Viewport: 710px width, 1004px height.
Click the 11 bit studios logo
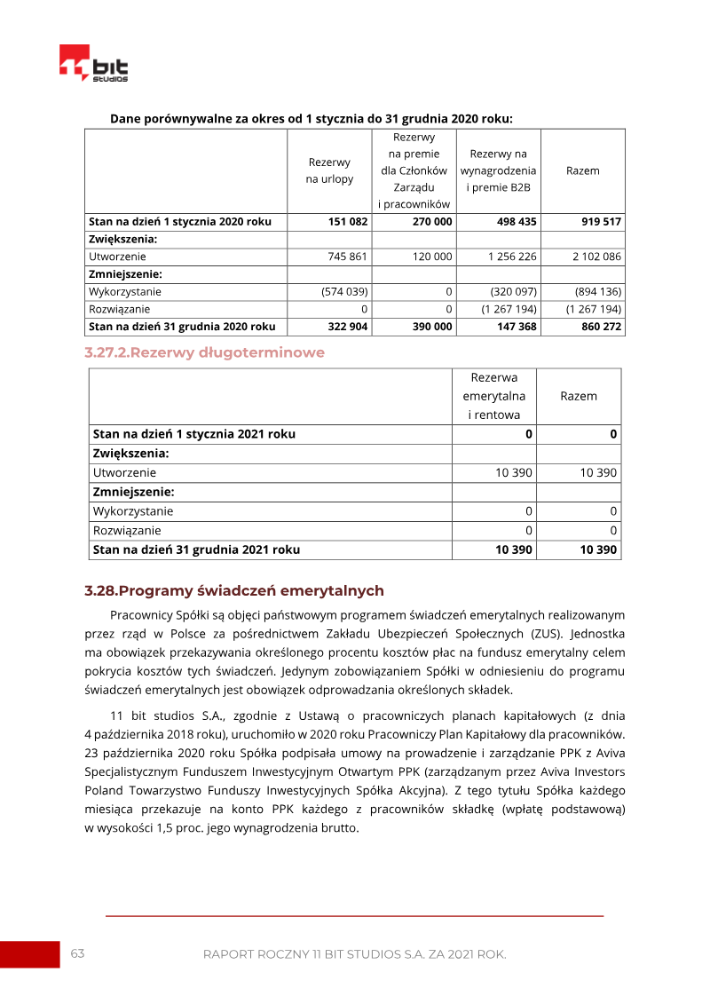point(93,64)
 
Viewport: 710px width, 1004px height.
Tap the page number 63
point(77,953)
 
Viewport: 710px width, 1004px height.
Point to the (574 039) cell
point(344,291)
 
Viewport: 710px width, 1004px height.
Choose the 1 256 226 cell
point(512,257)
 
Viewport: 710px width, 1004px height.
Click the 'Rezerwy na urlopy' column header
point(329,170)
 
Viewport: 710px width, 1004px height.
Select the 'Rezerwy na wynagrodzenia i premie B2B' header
point(498,170)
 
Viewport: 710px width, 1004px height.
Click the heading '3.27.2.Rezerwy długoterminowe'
point(204,352)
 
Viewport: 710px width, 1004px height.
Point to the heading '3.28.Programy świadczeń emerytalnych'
point(234,590)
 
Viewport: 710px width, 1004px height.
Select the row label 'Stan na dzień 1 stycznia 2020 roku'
point(180,222)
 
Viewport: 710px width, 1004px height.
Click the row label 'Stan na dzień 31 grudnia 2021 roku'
point(196,549)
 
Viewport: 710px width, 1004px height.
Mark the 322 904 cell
point(348,326)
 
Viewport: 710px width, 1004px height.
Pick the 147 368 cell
point(516,326)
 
